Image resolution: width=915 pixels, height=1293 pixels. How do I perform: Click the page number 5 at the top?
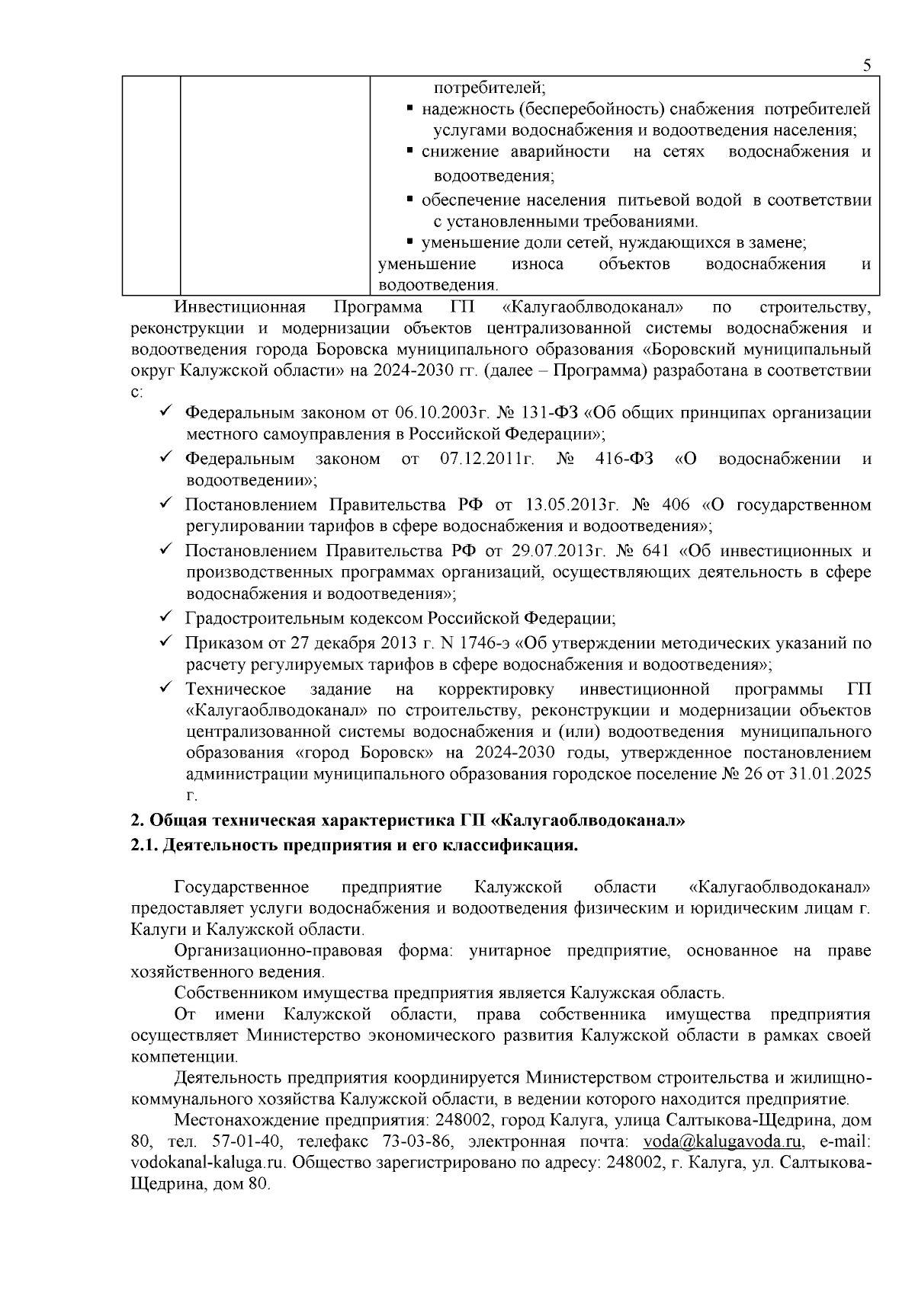click(866, 66)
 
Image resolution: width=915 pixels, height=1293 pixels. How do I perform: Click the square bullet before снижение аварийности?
click(410, 151)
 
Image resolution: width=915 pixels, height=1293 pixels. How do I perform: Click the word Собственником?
click(228, 993)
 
